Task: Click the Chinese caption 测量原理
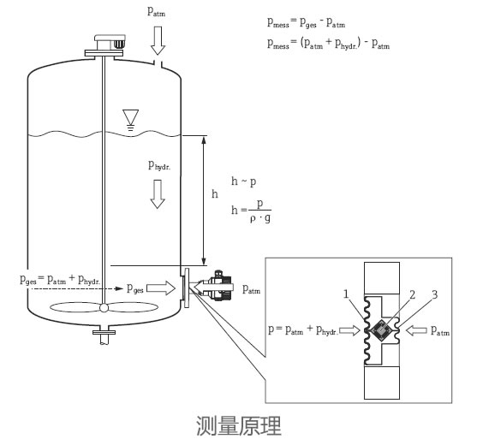(238, 424)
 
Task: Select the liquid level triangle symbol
(130, 116)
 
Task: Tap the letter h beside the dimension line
(214, 194)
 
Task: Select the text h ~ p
(244, 181)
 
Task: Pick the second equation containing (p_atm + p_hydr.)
(330, 44)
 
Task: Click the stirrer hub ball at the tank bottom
(104, 309)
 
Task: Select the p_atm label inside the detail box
(442, 329)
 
